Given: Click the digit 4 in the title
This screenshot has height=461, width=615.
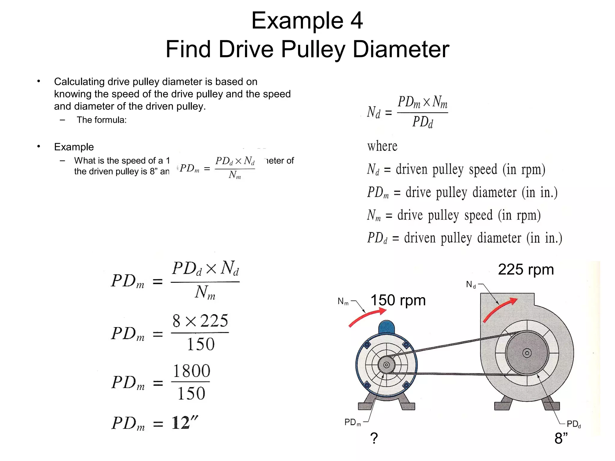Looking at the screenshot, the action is coord(356,21).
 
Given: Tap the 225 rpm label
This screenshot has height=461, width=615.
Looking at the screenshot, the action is coord(526,270).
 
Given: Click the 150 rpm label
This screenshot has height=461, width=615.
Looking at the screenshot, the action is coord(398,300).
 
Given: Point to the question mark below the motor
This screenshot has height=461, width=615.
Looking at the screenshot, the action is coord(374,438).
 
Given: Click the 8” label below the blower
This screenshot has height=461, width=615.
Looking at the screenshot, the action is coord(561,438).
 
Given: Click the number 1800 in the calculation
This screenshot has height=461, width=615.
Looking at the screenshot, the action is coord(191,371).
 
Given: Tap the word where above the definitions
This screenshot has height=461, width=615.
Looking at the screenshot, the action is coord(382,146).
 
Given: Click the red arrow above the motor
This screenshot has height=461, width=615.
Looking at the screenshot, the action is coord(368,317).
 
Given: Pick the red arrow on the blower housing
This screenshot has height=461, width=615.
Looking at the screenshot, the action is coord(500,309).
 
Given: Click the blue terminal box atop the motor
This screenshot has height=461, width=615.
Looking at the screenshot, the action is coord(386,327).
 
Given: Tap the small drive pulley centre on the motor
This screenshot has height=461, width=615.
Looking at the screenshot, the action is coord(386,365).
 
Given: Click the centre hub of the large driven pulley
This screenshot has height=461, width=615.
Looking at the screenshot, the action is coord(527,353).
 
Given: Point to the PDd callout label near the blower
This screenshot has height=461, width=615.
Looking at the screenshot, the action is coord(574,424).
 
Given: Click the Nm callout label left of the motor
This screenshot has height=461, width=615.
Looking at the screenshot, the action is coord(343,301).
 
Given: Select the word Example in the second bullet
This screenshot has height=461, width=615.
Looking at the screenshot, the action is coord(74,147).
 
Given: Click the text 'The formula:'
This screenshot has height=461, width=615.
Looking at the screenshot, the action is coord(101,120).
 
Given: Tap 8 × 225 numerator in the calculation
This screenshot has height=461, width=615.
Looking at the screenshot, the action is coord(200,321).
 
